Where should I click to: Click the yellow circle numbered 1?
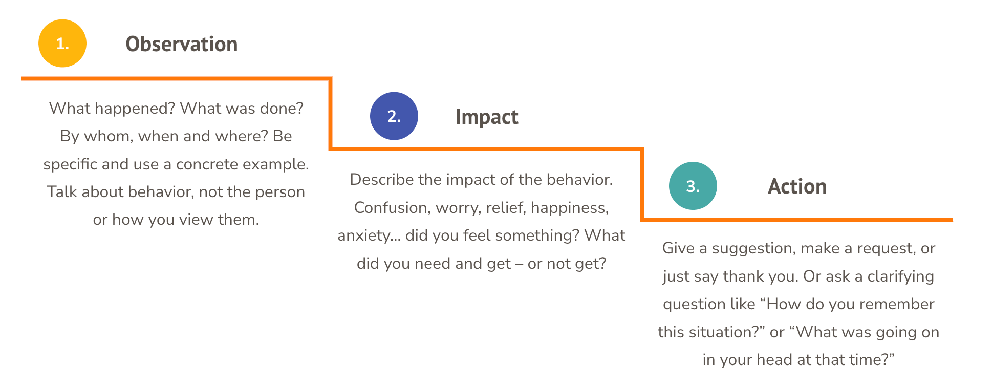coord(62,44)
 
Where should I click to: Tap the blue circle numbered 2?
coord(394,116)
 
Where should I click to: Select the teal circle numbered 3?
coord(693,186)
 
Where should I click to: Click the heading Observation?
coord(181,45)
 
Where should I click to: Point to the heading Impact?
coord(486,117)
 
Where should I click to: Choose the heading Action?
coord(797,187)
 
